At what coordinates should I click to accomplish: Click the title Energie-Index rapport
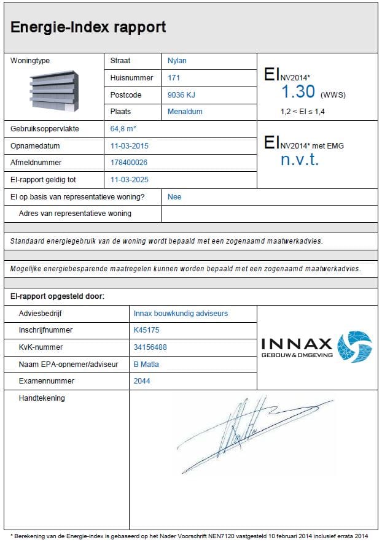click(x=88, y=27)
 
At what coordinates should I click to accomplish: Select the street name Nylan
click(x=177, y=61)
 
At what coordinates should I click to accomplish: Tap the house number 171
click(x=174, y=78)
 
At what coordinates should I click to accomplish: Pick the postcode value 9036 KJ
click(x=181, y=95)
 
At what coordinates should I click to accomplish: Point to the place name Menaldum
click(x=185, y=112)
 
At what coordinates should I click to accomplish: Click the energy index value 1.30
click(x=298, y=92)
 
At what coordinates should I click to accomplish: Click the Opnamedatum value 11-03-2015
click(x=130, y=146)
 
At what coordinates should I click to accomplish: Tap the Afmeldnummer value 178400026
click(x=129, y=163)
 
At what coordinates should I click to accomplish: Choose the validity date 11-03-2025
click(x=130, y=180)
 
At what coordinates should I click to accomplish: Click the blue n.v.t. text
click(x=300, y=160)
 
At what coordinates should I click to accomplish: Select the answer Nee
click(x=174, y=197)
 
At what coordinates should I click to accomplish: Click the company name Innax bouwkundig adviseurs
click(x=181, y=313)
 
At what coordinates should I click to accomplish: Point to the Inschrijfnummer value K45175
click(x=146, y=330)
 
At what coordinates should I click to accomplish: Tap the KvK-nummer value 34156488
click(x=150, y=347)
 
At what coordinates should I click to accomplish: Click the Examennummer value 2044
click(x=142, y=381)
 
